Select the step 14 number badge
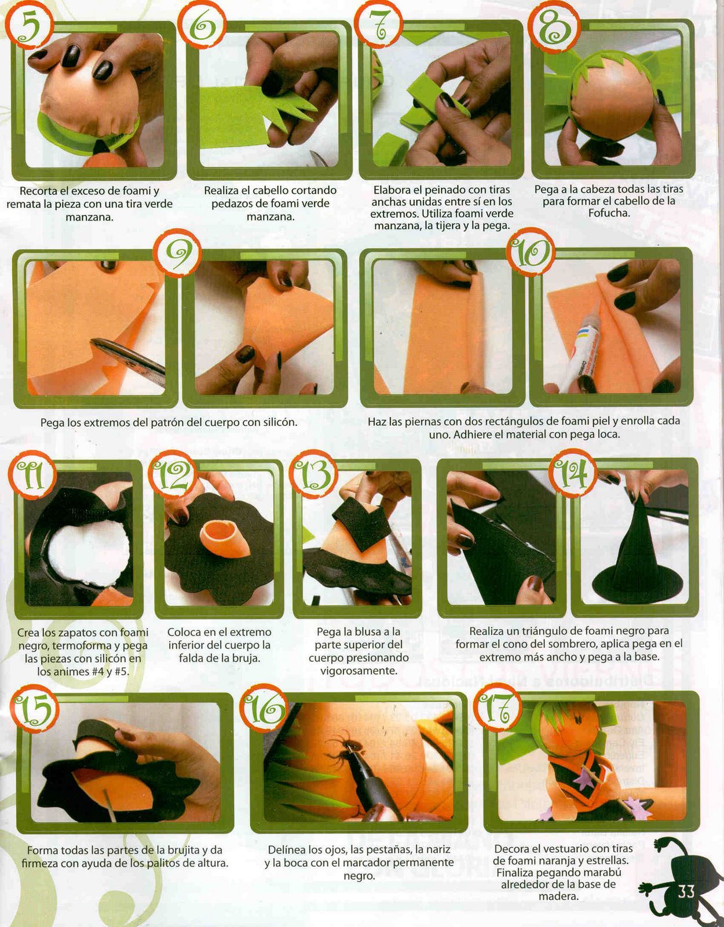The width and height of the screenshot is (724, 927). pyautogui.click(x=576, y=475)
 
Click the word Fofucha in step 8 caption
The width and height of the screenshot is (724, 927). pyautogui.click(x=609, y=213)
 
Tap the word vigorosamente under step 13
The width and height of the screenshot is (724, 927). pyautogui.click(x=358, y=670)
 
